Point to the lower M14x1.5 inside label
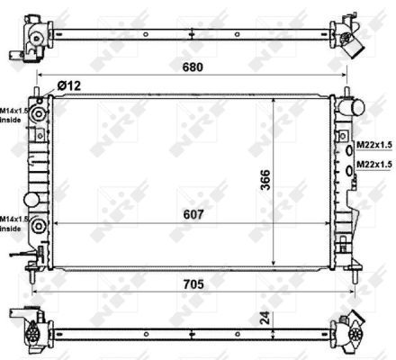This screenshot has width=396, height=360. pyautogui.click(x=13, y=223)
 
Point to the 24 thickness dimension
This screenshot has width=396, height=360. pyautogui.click(x=264, y=318)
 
